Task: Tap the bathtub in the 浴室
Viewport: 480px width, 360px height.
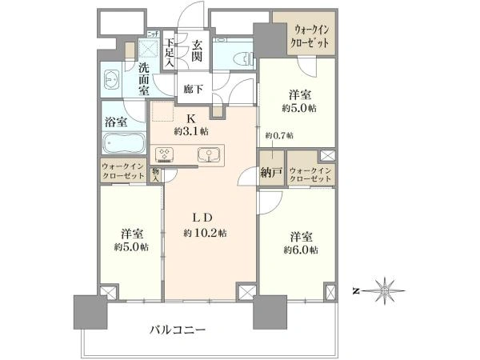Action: pos(124,143)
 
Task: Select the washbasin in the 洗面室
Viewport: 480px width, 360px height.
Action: pos(111,80)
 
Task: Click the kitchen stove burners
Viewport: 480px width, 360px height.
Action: pos(164,154)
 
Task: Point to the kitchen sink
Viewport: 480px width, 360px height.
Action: pos(209,154)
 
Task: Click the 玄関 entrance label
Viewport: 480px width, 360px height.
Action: pos(197,51)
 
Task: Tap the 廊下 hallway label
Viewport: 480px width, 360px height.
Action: pos(193,89)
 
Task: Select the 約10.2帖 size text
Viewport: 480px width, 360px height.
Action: pos(205,234)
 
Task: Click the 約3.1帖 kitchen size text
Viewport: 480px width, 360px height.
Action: pos(191,132)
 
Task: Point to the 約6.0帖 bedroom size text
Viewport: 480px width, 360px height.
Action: pos(301,250)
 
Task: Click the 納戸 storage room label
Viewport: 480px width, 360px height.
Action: pos(271,173)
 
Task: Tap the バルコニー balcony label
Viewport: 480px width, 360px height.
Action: pos(178,330)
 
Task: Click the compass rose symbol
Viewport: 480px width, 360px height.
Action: pos(384,290)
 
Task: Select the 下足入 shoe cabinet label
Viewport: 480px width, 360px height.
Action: pos(170,53)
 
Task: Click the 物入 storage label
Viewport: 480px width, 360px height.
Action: pos(156,176)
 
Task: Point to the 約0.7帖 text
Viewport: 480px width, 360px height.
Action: pos(279,135)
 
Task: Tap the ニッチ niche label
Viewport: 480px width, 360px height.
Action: pos(153,34)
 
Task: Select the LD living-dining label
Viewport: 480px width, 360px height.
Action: pos(202,218)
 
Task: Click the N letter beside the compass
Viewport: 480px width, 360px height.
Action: pos(356,291)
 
